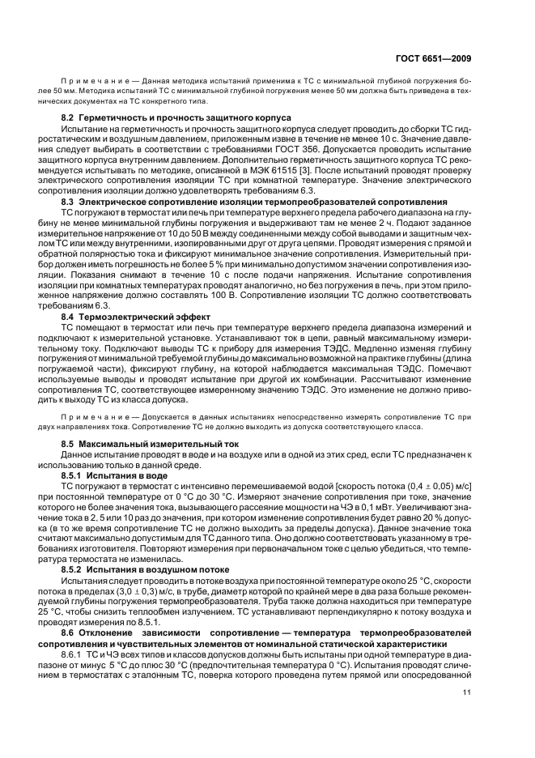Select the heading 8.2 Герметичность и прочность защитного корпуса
click(176, 117)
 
